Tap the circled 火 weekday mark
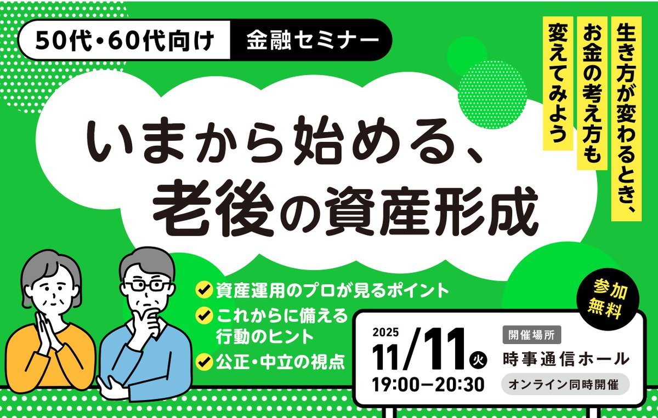click(478, 360)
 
